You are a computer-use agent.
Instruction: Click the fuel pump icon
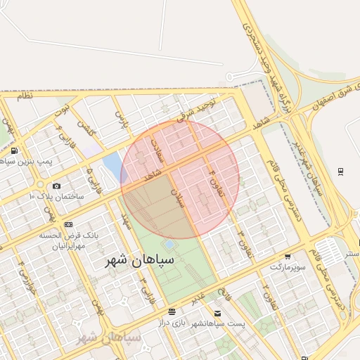click(15, 151)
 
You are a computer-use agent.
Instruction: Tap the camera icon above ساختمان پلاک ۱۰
click(56, 186)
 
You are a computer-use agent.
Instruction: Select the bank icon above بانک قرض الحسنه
click(68, 224)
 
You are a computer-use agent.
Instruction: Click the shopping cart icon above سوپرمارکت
click(288, 257)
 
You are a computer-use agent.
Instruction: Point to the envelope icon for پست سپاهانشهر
click(217, 313)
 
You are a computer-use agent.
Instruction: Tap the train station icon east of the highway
click(340, 171)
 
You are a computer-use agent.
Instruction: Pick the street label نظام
click(25, 96)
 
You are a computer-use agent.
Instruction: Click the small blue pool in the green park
click(170, 245)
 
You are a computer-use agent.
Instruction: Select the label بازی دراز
click(189, 322)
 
